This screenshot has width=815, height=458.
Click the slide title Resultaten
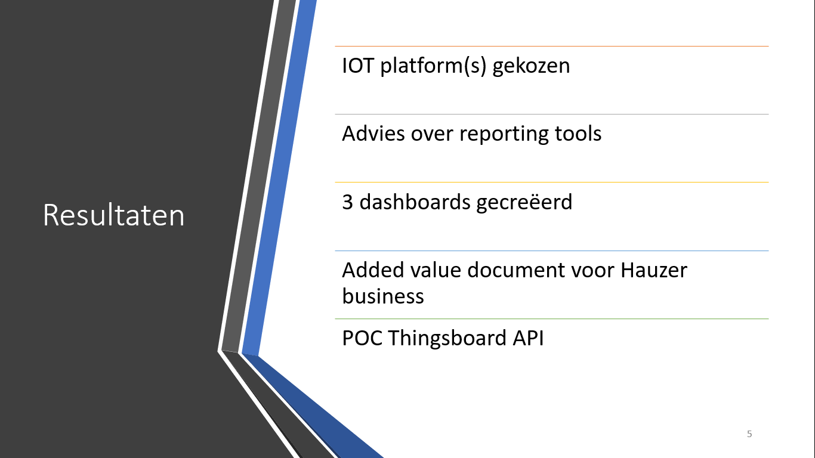point(113,215)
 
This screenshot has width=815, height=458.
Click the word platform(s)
point(433,66)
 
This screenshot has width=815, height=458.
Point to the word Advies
point(373,133)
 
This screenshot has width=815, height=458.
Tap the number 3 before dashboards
point(347,202)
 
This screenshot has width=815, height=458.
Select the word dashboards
point(415,202)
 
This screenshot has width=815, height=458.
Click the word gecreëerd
point(524,203)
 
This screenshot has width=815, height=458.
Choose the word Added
point(373,270)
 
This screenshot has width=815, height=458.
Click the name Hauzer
point(654,270)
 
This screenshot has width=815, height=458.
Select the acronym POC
point(362,338)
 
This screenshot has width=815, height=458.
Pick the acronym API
point(528,338)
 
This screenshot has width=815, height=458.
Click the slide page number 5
point(749,434)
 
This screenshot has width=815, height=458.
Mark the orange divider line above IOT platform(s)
point(551,46)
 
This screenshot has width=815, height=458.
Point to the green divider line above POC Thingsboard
point(551,318)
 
